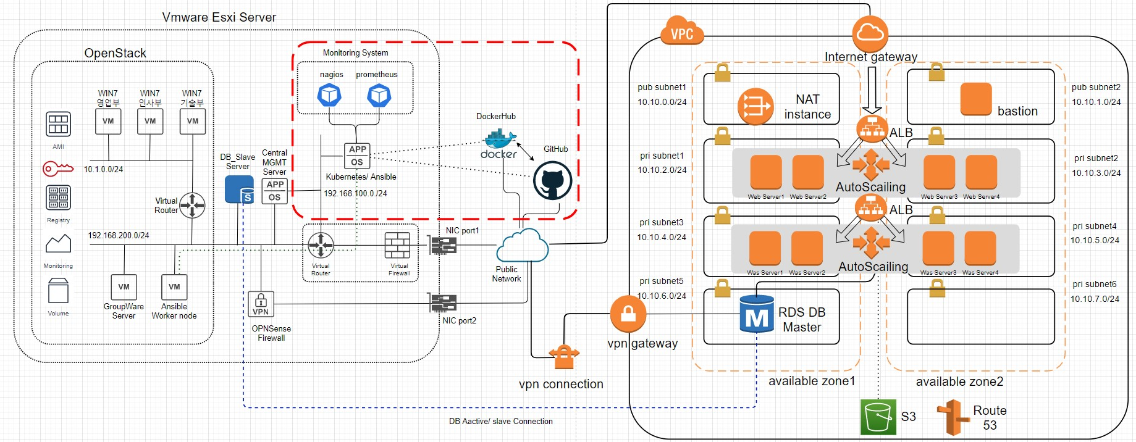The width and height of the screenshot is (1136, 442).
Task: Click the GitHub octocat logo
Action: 552,181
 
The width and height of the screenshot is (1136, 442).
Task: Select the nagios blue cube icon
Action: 329,95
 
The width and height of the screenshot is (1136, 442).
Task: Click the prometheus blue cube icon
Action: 379,95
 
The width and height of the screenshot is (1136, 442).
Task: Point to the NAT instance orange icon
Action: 755,106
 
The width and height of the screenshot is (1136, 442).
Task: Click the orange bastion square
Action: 976,99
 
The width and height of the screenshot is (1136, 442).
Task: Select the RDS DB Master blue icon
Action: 757,314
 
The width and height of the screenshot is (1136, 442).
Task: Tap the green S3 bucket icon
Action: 878,417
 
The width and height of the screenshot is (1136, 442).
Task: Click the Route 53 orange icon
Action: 953,417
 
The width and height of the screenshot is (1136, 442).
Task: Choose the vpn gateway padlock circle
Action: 628,314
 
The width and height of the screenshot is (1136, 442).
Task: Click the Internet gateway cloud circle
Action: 870,33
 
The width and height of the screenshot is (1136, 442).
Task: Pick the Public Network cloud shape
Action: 522,245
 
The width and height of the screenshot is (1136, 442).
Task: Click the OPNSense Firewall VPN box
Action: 261,304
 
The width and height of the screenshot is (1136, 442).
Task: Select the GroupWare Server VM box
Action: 124,287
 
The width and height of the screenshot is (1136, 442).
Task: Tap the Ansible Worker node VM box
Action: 174,287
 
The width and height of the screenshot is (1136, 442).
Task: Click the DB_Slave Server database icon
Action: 239,190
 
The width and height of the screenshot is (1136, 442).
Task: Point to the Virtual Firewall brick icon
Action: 397,246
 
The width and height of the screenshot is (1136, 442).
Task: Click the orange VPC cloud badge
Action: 682,33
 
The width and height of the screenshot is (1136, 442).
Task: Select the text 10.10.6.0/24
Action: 662,296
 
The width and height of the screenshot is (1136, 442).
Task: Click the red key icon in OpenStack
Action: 57,168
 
